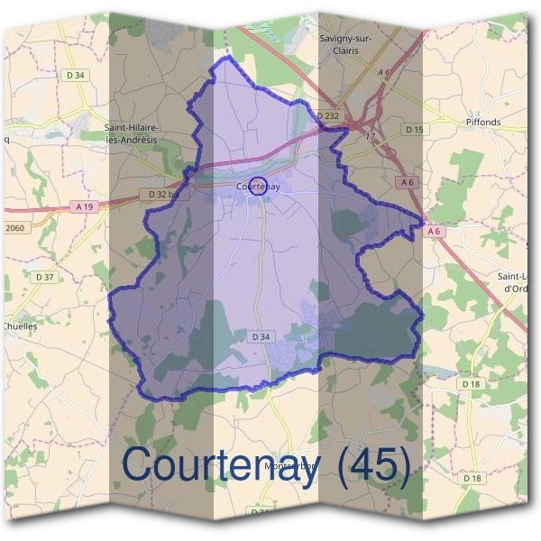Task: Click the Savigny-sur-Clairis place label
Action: pyautogui.click(x=345, y=44)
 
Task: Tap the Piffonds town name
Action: pyautogui.click(x=482, y=122)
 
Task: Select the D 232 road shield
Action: pyautogui.click(x=327, y=116)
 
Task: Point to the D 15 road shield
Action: pyautogui.click(x=414, y=130)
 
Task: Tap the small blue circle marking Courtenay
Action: pyautogui.click(x=257, y=186)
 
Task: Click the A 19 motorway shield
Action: pyautogui.click(x=85, y=206)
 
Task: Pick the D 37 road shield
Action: pyautogui.click(x=44, y=277)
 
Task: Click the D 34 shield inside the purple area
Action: pyautogui.click(x=260, y=336)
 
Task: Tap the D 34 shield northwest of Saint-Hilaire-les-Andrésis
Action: pyautogui.click(x=75, y=75)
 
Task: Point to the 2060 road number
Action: pyautogui.click(x=14, y=228)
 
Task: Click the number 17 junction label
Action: pyautogui.click(x=370, y=136)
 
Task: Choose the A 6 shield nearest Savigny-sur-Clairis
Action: pyautogui.click(x=384, y=72)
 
